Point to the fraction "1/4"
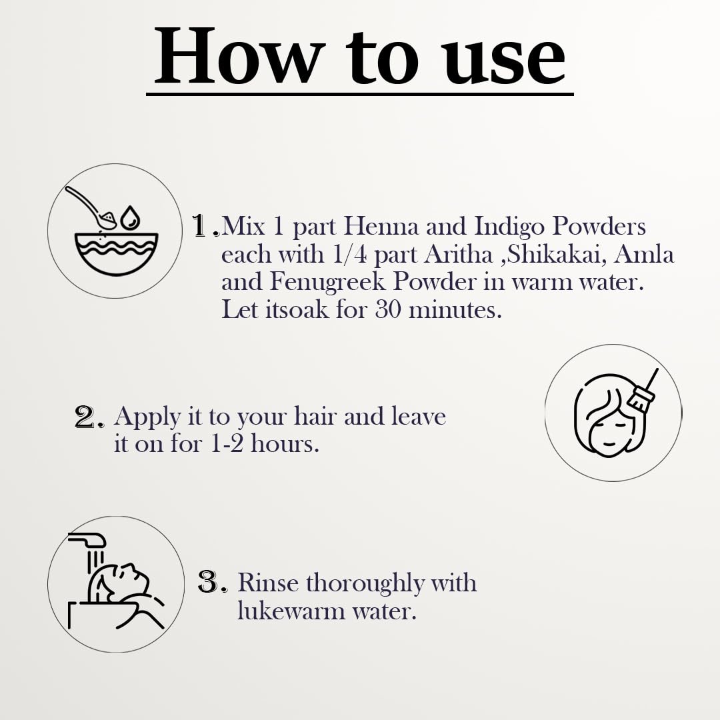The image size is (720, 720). point(349,255)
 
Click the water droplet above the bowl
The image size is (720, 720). point(130,217)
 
